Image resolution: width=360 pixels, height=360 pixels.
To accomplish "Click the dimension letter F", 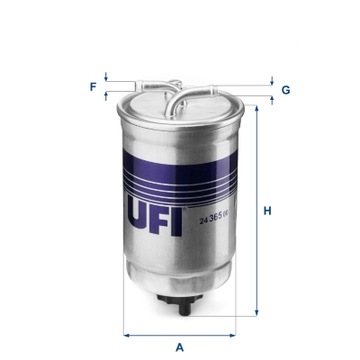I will coord(93,87).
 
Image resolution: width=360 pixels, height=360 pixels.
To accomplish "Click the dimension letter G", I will coord(285,90).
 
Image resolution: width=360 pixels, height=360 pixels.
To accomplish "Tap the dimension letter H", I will coord(268,211).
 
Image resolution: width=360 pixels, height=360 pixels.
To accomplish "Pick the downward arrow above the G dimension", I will coord(270,83).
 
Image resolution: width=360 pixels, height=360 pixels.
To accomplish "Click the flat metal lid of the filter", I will coord(180,98).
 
